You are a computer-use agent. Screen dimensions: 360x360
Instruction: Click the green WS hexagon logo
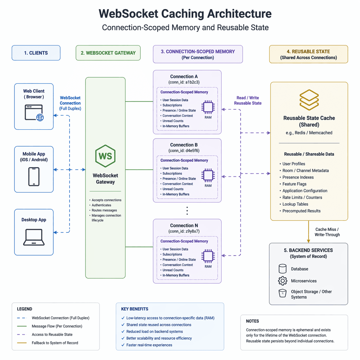tap(105, 156)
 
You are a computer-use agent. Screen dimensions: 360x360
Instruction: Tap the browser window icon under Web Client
tap(34, 113)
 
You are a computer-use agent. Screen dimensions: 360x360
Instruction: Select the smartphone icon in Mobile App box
tap(34, 176)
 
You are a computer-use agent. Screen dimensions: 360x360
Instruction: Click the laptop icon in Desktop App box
tap(34, 237)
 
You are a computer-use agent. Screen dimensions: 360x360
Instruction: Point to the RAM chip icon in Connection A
tap(208, 107)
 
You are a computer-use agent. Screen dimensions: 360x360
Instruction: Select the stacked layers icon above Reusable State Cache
tap(309, 100)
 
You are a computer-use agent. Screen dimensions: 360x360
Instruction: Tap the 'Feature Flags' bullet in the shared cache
tap(294, 184)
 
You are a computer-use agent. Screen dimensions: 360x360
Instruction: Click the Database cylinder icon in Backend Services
tap(282, 269)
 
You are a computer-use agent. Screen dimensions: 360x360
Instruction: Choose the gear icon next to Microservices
tap(282, 281)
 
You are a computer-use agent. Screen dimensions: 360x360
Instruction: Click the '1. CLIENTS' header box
tap(36, 53)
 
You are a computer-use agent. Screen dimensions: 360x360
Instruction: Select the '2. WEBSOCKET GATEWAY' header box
tap(108, 53)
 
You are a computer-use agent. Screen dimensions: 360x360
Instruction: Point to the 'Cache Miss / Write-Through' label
tap(327, 232)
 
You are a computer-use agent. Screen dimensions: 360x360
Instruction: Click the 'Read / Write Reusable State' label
tap(247, 101)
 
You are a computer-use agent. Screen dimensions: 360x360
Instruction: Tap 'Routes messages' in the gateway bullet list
tap(104, 210)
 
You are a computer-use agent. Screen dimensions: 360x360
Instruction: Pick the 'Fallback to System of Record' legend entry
tap(55, 343)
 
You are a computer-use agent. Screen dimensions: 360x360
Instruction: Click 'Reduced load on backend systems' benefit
tap(154, 332)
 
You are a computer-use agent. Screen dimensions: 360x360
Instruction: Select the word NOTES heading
tap(252, 321)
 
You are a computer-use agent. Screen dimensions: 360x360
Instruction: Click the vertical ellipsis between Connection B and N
tap(187, 211)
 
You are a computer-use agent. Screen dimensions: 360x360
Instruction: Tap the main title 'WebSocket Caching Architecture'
tap(185, 14)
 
